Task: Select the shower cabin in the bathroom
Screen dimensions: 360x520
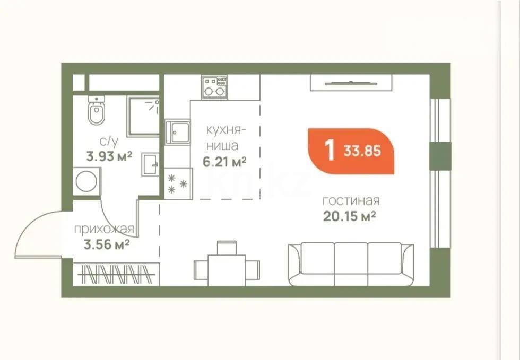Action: tap(143, 116)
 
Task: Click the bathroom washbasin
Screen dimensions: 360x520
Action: tap(150, 164)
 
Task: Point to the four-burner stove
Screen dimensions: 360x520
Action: tap(214, 87)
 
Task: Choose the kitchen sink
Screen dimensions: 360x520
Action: tap(176, 131)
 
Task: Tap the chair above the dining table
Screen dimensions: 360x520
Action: tap(227, 248)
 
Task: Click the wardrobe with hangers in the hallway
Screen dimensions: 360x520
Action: tap(117, 275)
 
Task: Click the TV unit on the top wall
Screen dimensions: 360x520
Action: tap(350, 83)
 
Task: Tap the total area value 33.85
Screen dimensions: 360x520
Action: tap(362, 151)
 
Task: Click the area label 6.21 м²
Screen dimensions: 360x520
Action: tap(224, 161)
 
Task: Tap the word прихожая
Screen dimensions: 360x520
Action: tap(103, 230)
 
